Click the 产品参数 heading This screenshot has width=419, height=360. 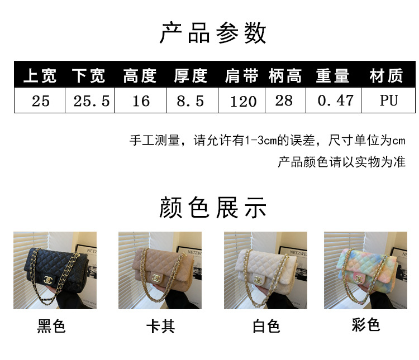(x=213, y=33)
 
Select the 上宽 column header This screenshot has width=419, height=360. (x=40, y=76)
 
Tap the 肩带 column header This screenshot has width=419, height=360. (x=241, y=76)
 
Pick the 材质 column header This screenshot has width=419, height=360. (x=386, y=76)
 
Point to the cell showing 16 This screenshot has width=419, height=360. (x=141, y=101)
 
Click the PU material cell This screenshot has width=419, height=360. (x=389, y=100)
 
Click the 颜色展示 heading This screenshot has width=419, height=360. (x=213, y=208)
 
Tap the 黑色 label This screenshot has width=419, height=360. (x=51, y=326)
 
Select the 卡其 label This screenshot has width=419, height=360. (x=160, y=327)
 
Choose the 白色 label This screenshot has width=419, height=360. (x=266, y=327)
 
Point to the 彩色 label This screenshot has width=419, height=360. (x=365, y=325)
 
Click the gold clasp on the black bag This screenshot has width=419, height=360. (x=49, y=280)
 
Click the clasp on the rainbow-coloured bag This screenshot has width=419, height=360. (x=358, y=279)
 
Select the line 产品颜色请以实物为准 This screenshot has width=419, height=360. (x=341, y=162)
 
